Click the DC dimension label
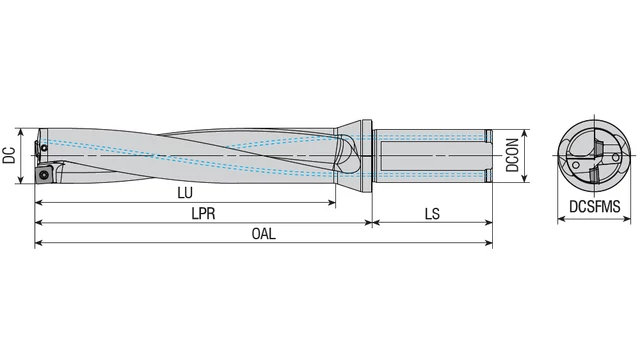pos(9,155)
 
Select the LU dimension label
pos(185,192)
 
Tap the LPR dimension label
pos(203,213)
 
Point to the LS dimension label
pos(432,213)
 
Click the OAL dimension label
pos(264,234)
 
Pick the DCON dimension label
pos(512,155)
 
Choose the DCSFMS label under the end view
pos(595,207)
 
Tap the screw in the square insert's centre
pos(44,176)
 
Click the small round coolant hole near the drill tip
pos(44,147)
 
